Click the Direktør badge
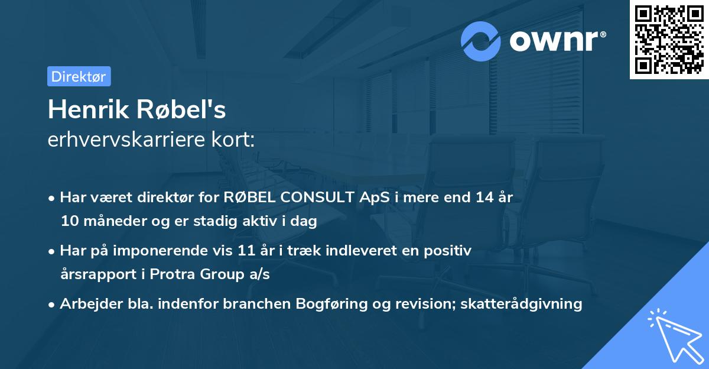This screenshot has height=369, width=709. pyautogui.click(x=79, y=76)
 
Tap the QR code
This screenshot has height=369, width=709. pyautogui.click(x=669, y=40)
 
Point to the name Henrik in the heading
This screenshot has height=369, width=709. pyautogui.click(x=87, y=109)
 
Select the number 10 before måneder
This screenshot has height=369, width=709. pyautogui.click(x=69, y=222)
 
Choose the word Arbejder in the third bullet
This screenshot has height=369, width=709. pyautogui.click(x=87, y=304)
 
